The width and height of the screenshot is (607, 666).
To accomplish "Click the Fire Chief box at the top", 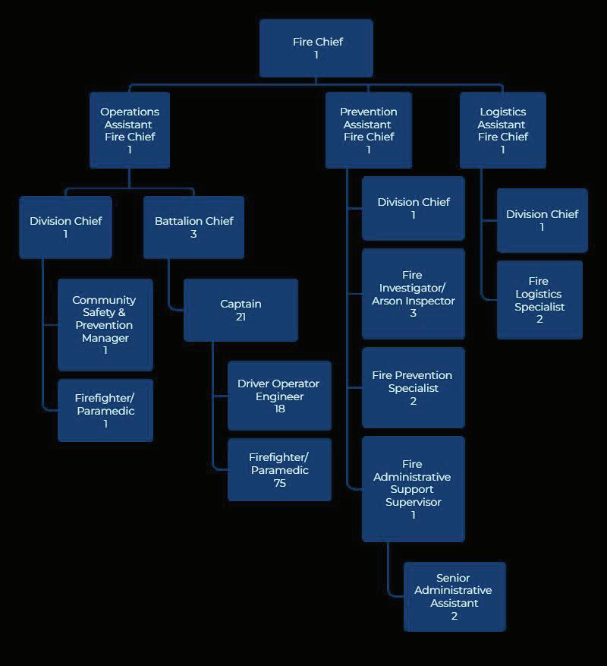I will [x=316, y=48].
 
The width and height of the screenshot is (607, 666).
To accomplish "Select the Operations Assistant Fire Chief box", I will [x=130, y=130].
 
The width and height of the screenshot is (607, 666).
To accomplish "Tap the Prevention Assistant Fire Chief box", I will [x=369, y=130].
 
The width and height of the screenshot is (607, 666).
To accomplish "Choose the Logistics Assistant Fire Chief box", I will [x=502, y=130].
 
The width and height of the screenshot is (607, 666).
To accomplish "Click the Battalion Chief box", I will [x=193, y=227].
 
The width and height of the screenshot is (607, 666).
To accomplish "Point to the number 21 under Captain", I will [x=241, y=317].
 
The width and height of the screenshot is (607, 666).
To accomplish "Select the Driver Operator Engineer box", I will [x=279, y=395].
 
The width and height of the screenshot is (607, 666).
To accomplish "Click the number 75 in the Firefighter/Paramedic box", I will [x=279, y=483].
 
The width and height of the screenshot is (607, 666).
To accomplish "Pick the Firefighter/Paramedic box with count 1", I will [x=105, y=410].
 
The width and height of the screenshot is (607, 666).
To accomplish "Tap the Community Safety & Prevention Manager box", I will [x=105, y=324].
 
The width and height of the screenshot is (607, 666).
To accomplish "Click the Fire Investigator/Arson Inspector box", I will [x=413, y=293].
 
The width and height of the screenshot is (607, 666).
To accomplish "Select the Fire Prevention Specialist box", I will [x=413, y=387].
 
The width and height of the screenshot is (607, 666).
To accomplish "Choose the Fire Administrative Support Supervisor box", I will [x=413, y=488].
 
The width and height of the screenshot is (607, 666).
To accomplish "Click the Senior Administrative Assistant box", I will [x=454, y=596].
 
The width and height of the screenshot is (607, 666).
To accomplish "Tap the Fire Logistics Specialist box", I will [x=539, y=299].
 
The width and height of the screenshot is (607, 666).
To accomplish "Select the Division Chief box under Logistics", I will [x=542, y=220].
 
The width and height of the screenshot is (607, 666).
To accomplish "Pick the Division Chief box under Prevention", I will [x=413, y=208].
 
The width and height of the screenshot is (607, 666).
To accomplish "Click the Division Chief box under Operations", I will [x=65, y=227].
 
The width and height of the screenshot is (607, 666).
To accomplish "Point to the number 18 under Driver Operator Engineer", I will [x=279, y=409].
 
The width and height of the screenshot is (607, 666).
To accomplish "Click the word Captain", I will [x=241, y=304].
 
